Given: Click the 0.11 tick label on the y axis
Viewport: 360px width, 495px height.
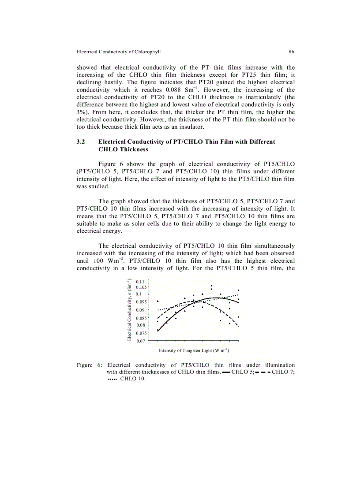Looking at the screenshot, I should click(140, 282).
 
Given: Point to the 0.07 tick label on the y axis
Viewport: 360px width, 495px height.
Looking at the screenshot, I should click(140, 341).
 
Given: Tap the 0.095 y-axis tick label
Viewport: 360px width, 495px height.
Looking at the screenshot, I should click(141, 302).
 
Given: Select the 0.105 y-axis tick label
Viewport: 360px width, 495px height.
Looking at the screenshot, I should click(141, 287).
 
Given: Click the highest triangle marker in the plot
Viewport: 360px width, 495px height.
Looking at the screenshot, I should click(211, 286).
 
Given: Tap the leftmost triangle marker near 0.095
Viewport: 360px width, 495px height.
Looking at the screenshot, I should click(157, 301).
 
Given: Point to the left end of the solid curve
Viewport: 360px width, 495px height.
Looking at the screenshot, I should click(158, 331).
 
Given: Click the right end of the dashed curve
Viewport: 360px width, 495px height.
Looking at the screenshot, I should click(238, 326).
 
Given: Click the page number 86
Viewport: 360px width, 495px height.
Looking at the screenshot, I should click(292, 52).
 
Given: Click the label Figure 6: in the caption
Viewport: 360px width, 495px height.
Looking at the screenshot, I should click(90, 365).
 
